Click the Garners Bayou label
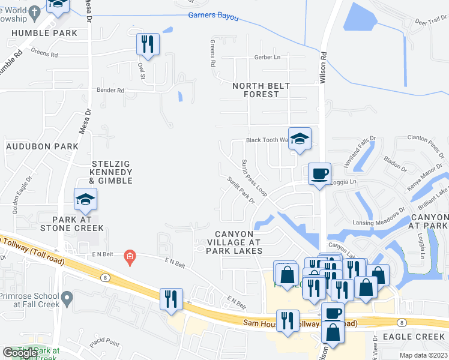(213, 16)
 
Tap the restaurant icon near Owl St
(147, 44)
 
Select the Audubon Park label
(42, 146)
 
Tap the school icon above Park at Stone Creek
(85, 200)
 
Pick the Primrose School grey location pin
(67, 297)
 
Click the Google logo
(20, 353)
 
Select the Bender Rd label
(110, 91)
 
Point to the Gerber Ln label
(267, 57)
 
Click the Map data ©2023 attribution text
(423, 355)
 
